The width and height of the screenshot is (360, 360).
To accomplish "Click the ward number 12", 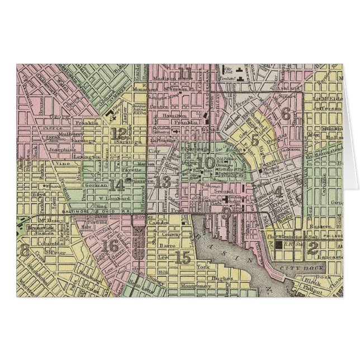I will click(119, 133).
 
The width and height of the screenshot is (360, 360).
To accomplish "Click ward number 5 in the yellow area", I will click(255, 140).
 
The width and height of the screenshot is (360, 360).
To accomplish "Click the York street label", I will click(202, 267).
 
